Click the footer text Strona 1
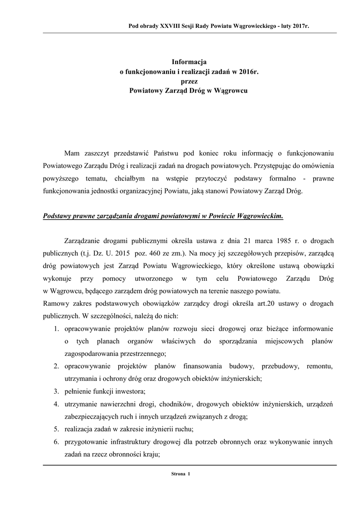coord(180,474)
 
